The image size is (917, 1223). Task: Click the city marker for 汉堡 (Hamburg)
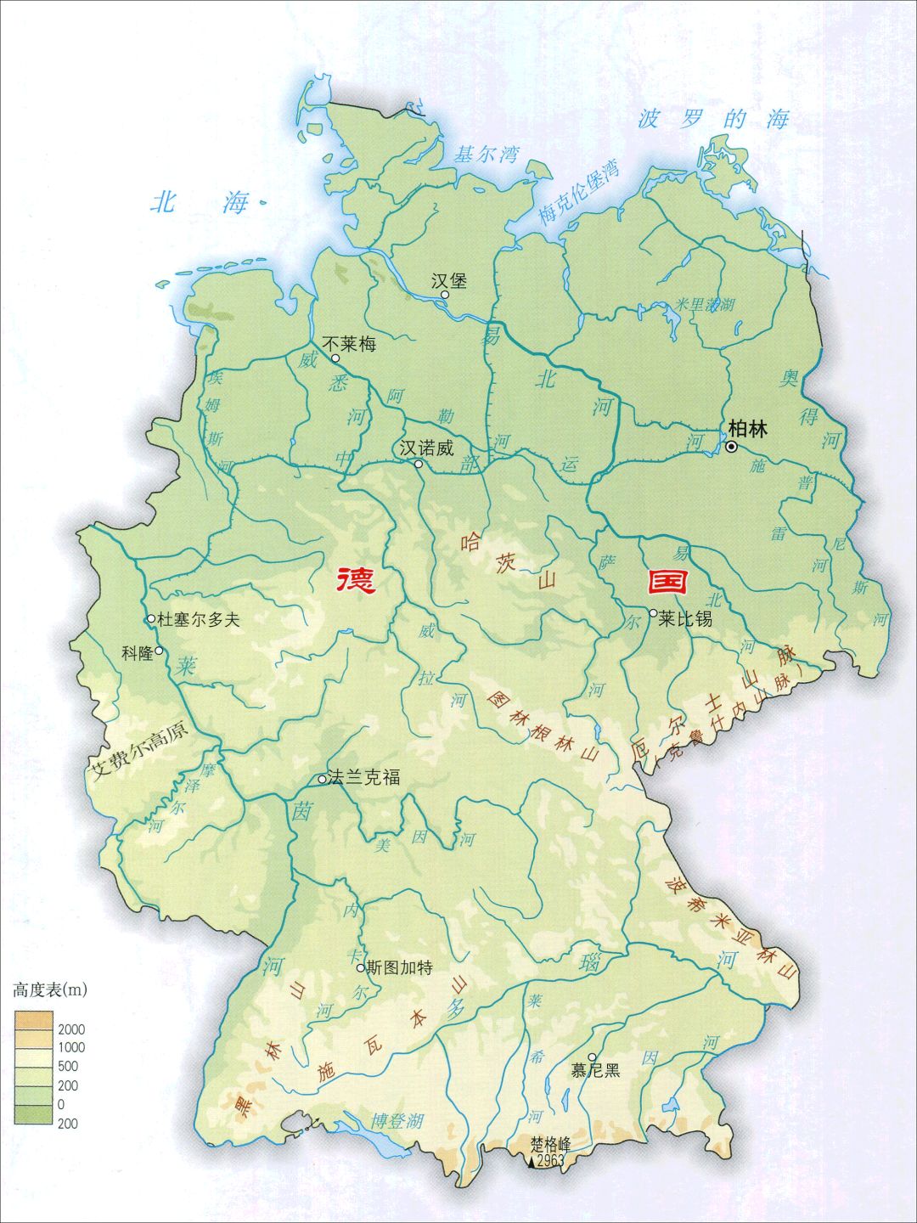[x=444, y=295]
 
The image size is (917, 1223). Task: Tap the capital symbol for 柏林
[x=731, y=446]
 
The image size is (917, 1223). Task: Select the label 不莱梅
[x=350, y=344]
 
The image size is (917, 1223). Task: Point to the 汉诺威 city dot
[x=418, y=464]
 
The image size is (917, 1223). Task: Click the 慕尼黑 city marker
[x=592, y=1057]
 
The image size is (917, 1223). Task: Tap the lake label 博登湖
[x=396, y=1121]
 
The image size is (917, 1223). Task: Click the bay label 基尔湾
[x=486, y=155]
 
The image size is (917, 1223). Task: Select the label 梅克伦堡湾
[x=579, y=194]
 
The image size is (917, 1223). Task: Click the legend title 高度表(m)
[x=50, y=989]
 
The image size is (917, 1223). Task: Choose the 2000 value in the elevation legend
[x=71, y=1029]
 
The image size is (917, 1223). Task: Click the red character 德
[x=356, y=582]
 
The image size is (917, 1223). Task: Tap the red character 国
[x=668, y=582]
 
